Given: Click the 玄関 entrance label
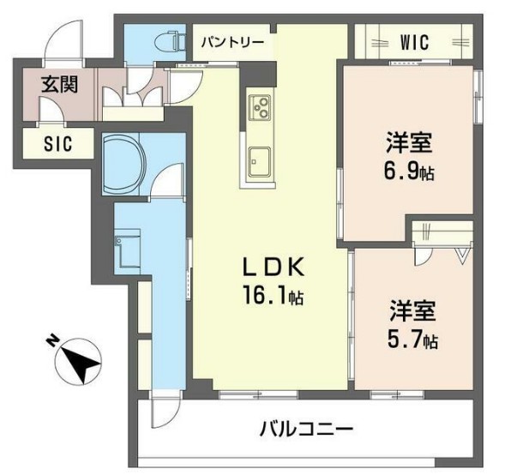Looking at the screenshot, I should (59, 84).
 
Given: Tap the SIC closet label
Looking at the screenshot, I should (58, 144).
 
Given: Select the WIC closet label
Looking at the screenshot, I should (414, 42).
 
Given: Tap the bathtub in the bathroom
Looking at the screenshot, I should (125, 164).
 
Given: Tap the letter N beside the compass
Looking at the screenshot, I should (53, 343).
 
